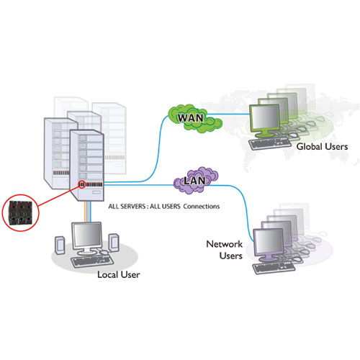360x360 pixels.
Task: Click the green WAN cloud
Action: tap(194, 118)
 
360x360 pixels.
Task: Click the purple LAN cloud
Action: tap(196, 181)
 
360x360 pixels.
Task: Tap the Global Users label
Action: tap(322, 146)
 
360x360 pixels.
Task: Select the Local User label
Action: tap(119, 274)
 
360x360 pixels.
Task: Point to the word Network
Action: tap(225, 244)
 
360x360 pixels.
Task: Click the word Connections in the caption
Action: tap(202, 207)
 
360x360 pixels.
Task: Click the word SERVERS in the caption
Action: tap(132, 207)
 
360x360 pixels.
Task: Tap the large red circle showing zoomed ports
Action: tap(21, 213)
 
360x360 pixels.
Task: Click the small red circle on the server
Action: tap(82, 184)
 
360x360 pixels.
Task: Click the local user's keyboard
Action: tap(92, 261)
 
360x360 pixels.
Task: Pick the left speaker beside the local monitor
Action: tap(60, 245)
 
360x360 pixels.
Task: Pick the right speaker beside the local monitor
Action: tap(114, 243)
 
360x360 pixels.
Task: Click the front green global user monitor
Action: tap(264, 119)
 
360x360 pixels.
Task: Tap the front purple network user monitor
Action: tap(269, 243)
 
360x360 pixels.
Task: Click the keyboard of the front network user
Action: tap(274, 268)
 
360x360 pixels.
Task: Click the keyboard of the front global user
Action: tap(270, 143)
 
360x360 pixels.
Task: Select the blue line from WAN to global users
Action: tap(228, 114)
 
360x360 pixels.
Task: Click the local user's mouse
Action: tap(104, 252)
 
